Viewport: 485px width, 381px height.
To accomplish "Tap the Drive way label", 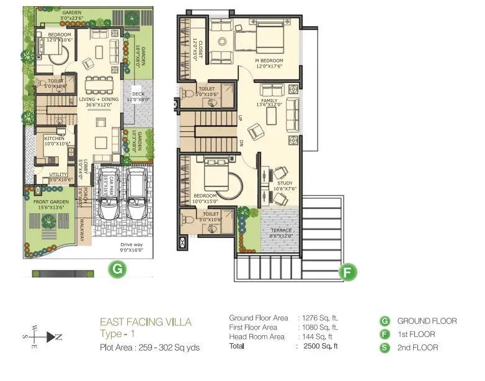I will [131, 245].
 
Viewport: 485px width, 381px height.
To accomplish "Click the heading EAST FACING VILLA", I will [146, 322].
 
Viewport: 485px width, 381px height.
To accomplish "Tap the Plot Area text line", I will [149, 348].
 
